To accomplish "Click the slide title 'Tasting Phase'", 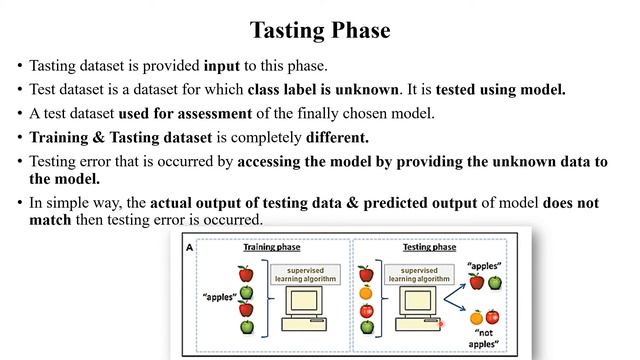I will (x=319, y=29).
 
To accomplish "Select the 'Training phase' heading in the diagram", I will (x=274, y=246).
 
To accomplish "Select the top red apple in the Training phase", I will (x=245, y=273).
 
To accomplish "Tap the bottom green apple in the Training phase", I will (x=245, y=327).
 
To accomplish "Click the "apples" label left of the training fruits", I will (x=208, y=297).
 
